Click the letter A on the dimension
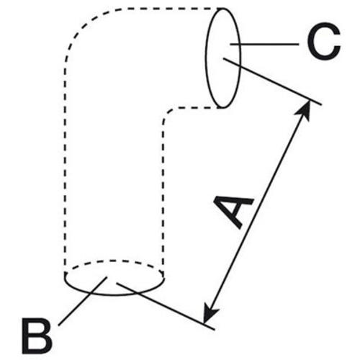point(234,211)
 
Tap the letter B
point(37,336)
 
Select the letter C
point(324,41)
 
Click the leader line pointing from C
point(264,44)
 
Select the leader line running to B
point(83,302)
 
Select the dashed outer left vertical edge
point(65,168)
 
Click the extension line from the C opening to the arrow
point(272,81)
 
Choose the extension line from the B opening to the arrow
point(166,307)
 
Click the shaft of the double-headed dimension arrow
point(257,212)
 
